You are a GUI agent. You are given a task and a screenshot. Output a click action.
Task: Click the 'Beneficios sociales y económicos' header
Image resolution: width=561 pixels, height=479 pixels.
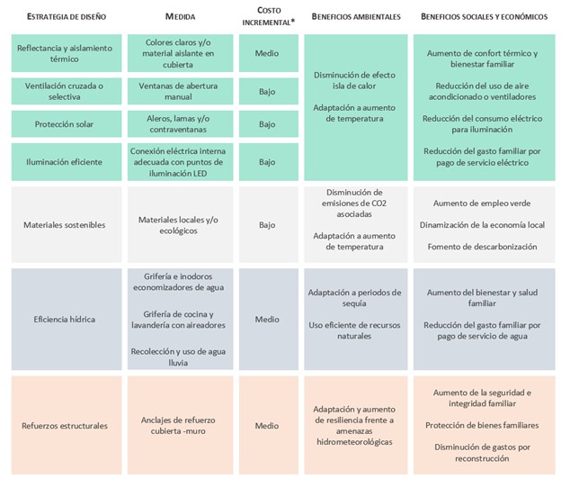click(x=483, y=18)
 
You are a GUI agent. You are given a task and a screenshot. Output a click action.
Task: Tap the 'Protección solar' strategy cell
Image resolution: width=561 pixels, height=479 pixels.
click(x=58, y=124)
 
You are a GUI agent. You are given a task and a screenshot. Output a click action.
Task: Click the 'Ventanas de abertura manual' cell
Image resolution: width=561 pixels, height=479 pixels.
click(x=182, y=91)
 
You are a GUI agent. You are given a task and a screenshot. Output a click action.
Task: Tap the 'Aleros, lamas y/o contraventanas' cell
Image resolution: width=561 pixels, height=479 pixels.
click(x=182, y=124)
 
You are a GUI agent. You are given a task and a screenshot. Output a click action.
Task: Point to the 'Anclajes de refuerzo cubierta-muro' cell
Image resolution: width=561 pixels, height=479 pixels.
click(x=182, y=425)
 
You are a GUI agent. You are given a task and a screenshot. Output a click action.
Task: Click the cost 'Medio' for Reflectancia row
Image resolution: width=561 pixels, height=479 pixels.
click(x=267, y=53)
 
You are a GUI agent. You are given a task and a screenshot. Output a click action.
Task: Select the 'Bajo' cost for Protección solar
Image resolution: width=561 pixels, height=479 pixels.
click(x=267, y=124)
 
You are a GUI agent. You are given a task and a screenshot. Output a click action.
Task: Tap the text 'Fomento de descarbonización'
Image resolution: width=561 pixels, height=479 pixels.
click(x=485, y=246)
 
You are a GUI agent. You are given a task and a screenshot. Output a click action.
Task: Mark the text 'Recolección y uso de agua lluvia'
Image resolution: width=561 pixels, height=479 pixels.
click(x=182, y=357)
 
